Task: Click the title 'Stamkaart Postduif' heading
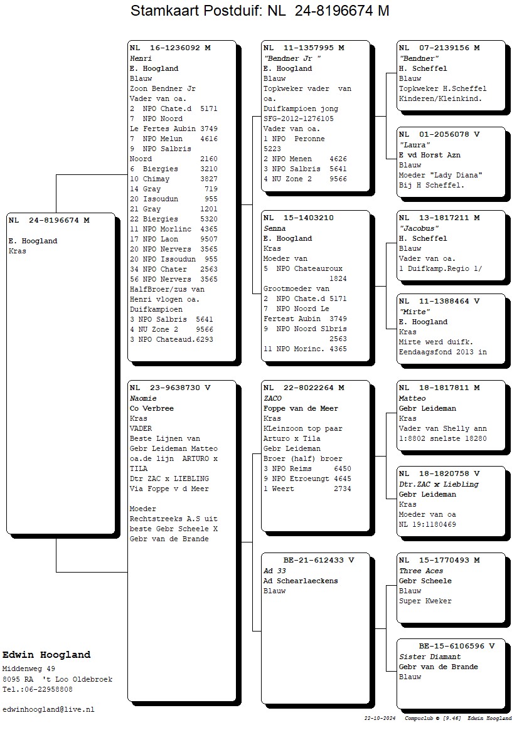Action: click(x=196, y=10)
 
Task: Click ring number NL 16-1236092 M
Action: click(x=170, y=48)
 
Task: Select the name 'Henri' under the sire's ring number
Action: click(x=141, y=58)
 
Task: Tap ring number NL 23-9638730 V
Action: click(x=170, y=388)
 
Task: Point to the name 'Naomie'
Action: click(x=143, y=398)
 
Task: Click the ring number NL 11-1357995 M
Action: click(x=304, y=48)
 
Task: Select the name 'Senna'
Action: click(x=274, y=229)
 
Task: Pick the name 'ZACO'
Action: click(x=272, y=398)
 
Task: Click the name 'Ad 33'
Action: click(x=274, y=571)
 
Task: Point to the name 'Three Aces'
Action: click(x=421, y=571)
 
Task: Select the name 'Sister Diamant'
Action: click(x=430, y=657)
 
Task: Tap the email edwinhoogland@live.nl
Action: click(x=48, y=710)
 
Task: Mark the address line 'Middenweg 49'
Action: click(x=29, y=669)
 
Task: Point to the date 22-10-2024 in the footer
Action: click(x=380, y=718)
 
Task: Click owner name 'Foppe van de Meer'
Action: click(x=301, y=409)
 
